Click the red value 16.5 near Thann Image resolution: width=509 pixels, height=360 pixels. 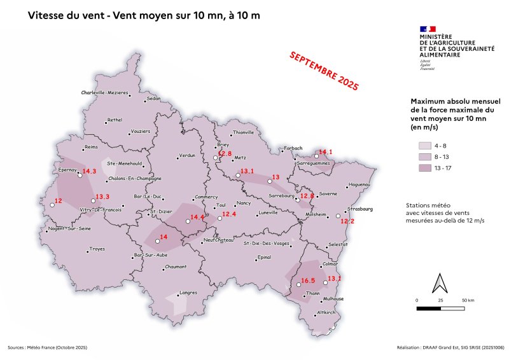(x=308, y=280)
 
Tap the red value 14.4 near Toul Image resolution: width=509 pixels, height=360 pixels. (x=198, y=218)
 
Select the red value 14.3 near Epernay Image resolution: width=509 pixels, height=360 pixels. (x=89, y=172)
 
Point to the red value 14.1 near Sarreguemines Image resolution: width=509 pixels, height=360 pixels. (x=326, y=151)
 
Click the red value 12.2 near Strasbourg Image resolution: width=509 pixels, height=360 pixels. (x=347, y=221)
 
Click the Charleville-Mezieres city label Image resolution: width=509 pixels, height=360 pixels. (x=104, y=93)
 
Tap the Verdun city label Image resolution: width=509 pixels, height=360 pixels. (x=186, y=156)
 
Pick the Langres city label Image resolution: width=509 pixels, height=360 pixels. (x=188, y=293)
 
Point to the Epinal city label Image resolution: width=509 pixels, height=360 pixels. (x=263, y=258)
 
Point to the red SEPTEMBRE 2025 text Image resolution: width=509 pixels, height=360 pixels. (x=324, y=71)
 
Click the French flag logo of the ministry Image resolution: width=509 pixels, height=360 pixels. (x=428, y=29)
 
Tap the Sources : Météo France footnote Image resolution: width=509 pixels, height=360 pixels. (x=48, y=348)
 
